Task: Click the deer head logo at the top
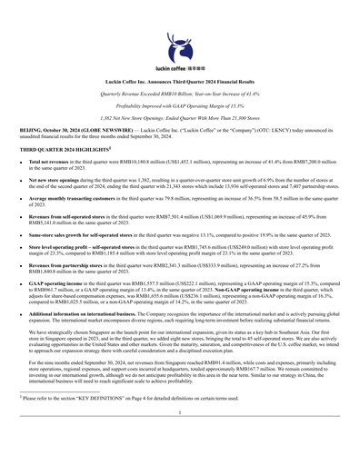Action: tap(180, 43)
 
